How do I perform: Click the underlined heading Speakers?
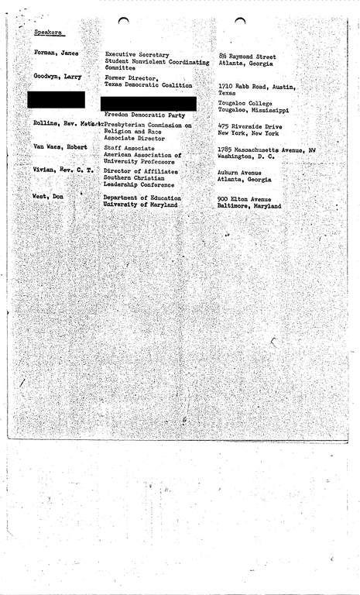[x=48, y=33]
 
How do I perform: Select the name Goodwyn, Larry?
[x=57, y=76]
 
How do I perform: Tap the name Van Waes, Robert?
[x=60, y=146]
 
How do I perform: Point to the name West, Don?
[x=48, y=198]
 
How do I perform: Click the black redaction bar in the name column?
[x=56, y=99]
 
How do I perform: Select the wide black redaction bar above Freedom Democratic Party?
[x=148, y=103]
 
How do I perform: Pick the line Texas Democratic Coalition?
[x=148, y=84]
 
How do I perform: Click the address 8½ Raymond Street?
[x=248, y=57]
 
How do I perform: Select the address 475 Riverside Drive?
[x=250, y=126]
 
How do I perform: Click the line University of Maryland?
[x=140, y=205]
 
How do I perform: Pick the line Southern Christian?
[x=138, y=178]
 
